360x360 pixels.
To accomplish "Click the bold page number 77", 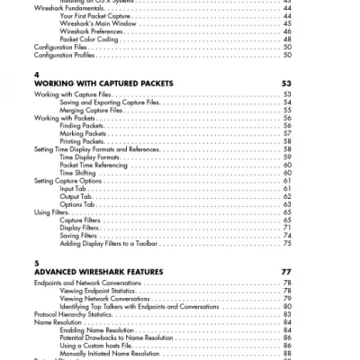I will pyautogui.click(x=286, y=272).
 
